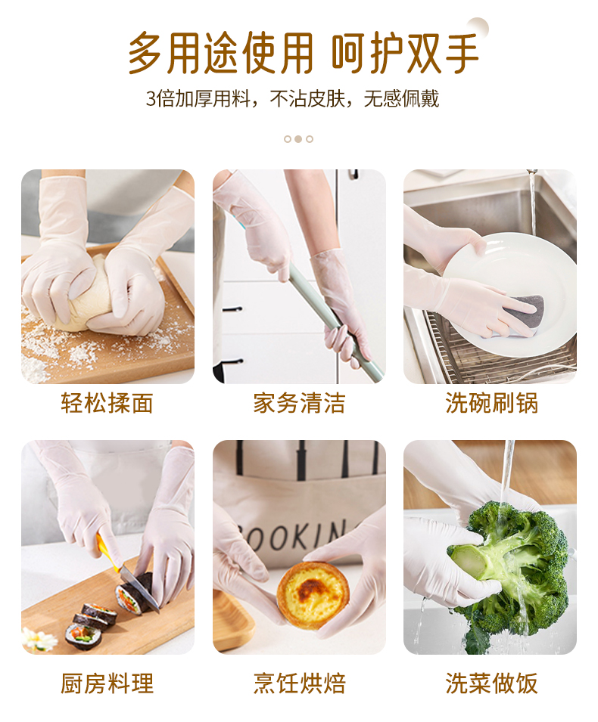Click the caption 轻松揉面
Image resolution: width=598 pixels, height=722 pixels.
coord(107,404)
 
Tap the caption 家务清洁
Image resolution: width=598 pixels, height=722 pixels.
coord(299,404)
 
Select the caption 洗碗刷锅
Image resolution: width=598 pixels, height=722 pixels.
coord(491,404)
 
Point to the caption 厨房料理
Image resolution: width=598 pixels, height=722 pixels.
coord(107,683)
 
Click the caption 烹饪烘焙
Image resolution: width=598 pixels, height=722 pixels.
coord(299,683)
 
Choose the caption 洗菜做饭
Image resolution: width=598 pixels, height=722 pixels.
coord(491,683)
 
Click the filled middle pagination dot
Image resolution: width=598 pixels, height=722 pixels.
coord(298,139)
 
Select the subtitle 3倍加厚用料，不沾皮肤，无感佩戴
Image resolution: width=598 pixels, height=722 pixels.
coord(292,99)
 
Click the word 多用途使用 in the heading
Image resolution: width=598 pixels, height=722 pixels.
coord(220,53)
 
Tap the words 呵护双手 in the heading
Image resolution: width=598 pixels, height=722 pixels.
coord(405,53)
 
